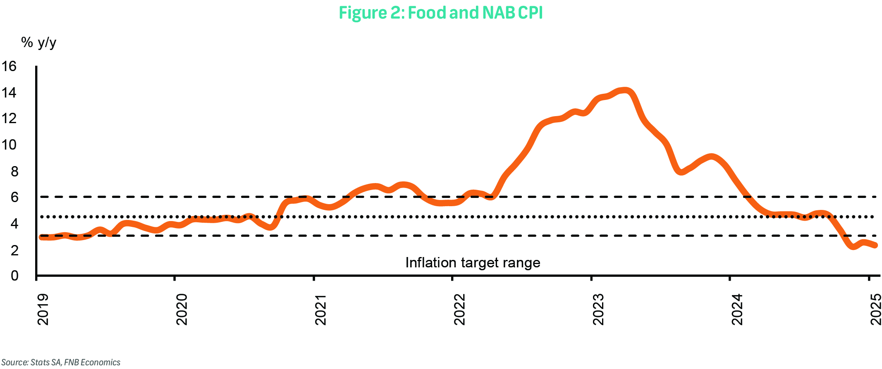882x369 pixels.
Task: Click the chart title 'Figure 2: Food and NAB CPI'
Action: click(x=440, y=13)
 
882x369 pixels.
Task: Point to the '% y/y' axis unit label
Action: click(x=38, y=42)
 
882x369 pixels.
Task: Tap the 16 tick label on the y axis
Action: click(x=9, y=66)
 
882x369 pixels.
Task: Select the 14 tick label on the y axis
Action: click(x=9, y=93)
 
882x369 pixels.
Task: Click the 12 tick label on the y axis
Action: click(x=9, y=119)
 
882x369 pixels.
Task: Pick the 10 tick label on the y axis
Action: click(x=9, y=145)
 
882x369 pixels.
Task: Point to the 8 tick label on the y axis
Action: click(x=14, y=171)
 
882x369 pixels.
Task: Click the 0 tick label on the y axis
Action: click(x=14, y=275)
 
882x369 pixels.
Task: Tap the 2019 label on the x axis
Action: click(x=43, y=309)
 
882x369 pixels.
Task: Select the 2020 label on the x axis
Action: click(x=182, y=309)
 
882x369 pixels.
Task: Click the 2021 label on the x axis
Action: click(x=320, y=309)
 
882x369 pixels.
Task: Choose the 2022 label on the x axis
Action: click(x=459, y=309)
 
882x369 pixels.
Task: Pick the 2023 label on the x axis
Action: click(x=598, y=309)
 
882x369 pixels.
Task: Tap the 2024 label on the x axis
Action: click(x=737, y=309)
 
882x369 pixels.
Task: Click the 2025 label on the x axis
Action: click(x=875, y=309)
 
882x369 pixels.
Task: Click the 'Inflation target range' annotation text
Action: click(x=473, y=263)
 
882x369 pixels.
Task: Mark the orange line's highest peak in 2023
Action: click(x=625, y=90)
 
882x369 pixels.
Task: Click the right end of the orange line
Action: click(x=875, y=245)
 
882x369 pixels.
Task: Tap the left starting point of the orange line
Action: click(x=41, y=237)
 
